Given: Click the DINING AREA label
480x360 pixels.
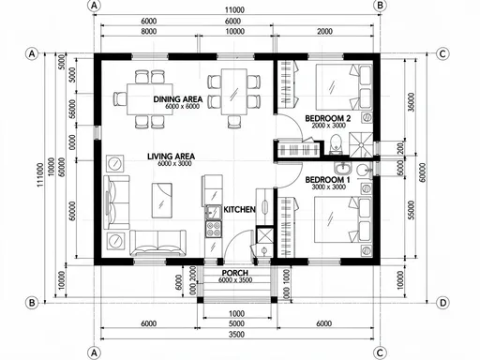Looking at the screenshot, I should click(177, 98).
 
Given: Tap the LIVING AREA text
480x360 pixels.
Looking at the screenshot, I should click(171, 156).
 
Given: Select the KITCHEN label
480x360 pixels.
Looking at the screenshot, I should click(238, 210).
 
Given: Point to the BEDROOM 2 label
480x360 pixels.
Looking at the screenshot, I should click(327, 118).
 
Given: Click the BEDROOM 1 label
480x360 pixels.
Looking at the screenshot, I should click(327, 179).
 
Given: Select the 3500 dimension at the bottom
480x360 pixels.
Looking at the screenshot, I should click(235, 334).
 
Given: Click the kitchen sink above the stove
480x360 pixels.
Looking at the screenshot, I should click(211, 211).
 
